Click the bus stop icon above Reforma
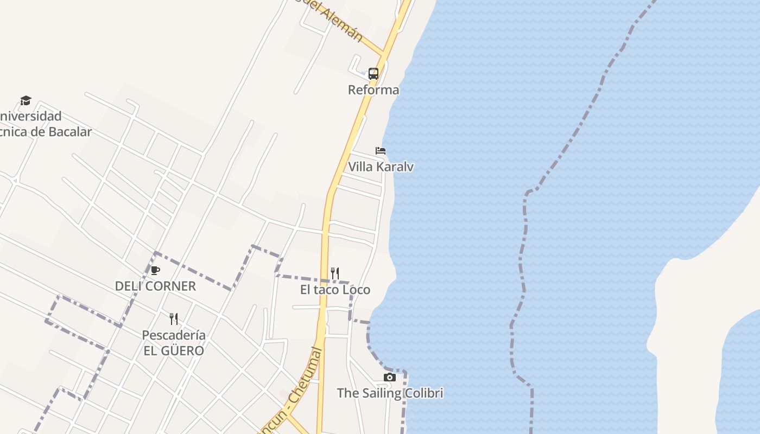pyautogui.click(x=373, y=73)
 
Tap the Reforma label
pyautogui.click(x=373, y=90)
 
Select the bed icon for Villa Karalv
pyautogui.click(x=381, y=150)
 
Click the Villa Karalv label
pyautogui.click(x=381, y=167)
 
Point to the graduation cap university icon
pyautogui.click(x=26, y=100)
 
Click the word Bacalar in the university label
pyautogui.click(x=69, y=131)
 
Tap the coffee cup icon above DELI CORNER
pyautogui.click(x=155, y=270)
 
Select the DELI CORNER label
pyautogui.click(x=155, y=286)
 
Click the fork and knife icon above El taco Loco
pyautogui.click(x=335, y=273)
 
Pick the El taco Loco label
pyautogui.click(x=335, y=290)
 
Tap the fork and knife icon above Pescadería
pyautogui.click(x=174, y=318)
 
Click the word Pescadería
pyautogui.click(x=174, y=335)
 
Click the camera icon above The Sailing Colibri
pyautogui.click(x=389, y=377)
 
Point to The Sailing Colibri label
pyautogui.click(x=390, y=393)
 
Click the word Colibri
pyautogui.click(x=423, y=393)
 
